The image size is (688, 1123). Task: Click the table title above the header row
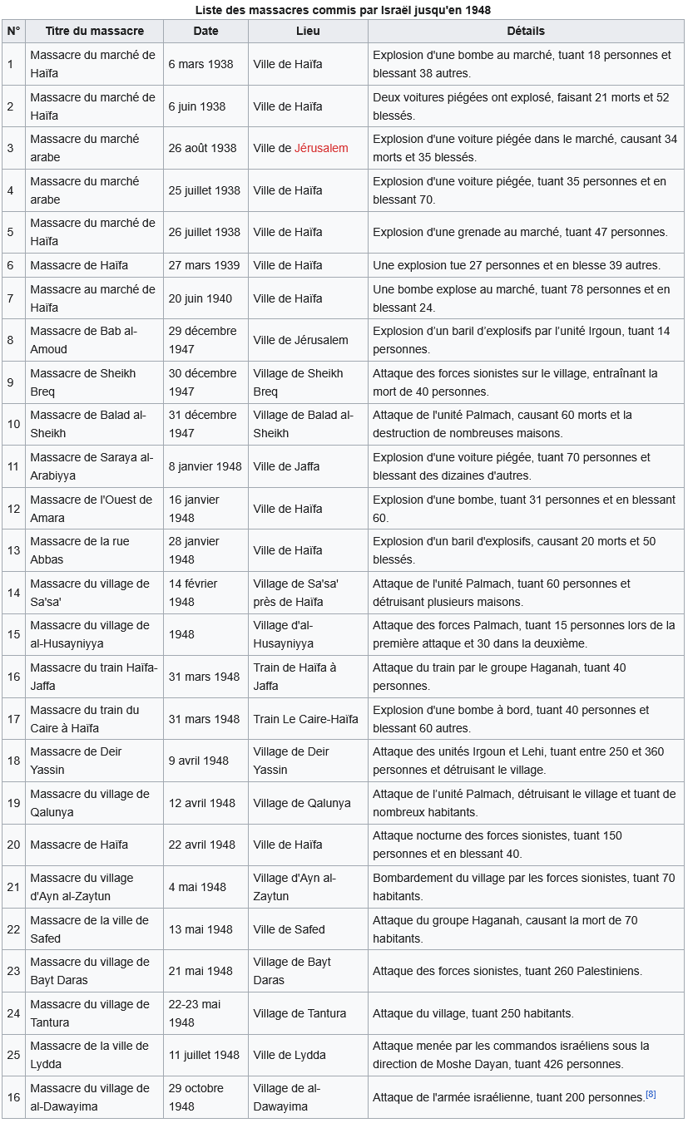pyautogui.click(x=343, y=10)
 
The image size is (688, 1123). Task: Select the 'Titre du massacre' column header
pyautogui.click(x=94, y=31)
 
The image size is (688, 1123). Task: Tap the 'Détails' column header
pyautogui.click(x=525, y=31)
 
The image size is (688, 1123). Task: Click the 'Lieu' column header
pyautogui.click(x=307, y=31)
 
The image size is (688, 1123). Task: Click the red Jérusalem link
pyautogui.click(x=321, y=148)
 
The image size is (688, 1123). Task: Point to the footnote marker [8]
pyautogui.click(x=651, y=1094)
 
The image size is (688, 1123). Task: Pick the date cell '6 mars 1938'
pyautogui.click(x=200, y=64)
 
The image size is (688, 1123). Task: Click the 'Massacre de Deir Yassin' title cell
pyautogui.click(x=77, y=761)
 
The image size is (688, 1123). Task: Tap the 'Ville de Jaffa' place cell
pyautogui.click(x=286, y=466)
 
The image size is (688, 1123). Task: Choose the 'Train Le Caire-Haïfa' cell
pyautogui.click(x=305, y=719)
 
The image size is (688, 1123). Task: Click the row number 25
pyautogui.click(x=13, y=1055)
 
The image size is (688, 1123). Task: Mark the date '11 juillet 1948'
pyautogui.click(x=204, y=1055)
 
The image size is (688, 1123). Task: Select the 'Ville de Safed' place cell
pyautogui.click(x=289, y=929)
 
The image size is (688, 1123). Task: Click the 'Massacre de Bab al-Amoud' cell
pyautogui.click(x=83, y=340)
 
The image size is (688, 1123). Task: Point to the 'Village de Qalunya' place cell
pyautogui.click(x=302, y=803)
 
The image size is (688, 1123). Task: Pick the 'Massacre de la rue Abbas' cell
pyautogui.click(x=80, y=550)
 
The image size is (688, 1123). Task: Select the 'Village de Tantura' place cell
pyautogui.click(x=299, y=1013)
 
